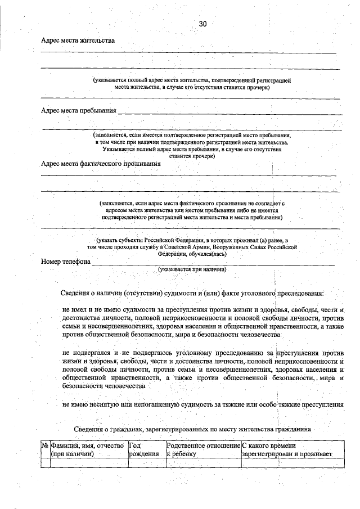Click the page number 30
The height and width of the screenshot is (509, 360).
pyautogui.click(x=203, y=24)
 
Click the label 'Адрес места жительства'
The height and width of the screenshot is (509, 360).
pyautogui.click(x=78, y=40)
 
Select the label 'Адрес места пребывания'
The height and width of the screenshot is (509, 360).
pyautogui.click(x=79, y=110)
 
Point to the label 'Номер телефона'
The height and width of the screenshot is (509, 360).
pyautogui.click(x=66, y=262)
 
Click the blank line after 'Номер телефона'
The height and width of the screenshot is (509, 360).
pyautogui.click(x=214, y=263)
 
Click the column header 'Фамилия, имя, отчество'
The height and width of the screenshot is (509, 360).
pyautogui.click(x=87, y=450)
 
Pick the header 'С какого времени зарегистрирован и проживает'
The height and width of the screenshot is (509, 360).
pyautogui.click(x=287, y=450)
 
